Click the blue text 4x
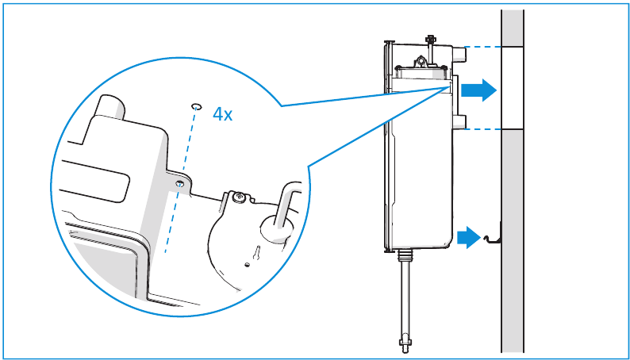[x=222, y=115]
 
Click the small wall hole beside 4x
[x=196, y=105]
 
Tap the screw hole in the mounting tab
[x=181, y=183]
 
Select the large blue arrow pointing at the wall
[x=478, y=90]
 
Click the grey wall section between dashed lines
[x=512, y=87]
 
